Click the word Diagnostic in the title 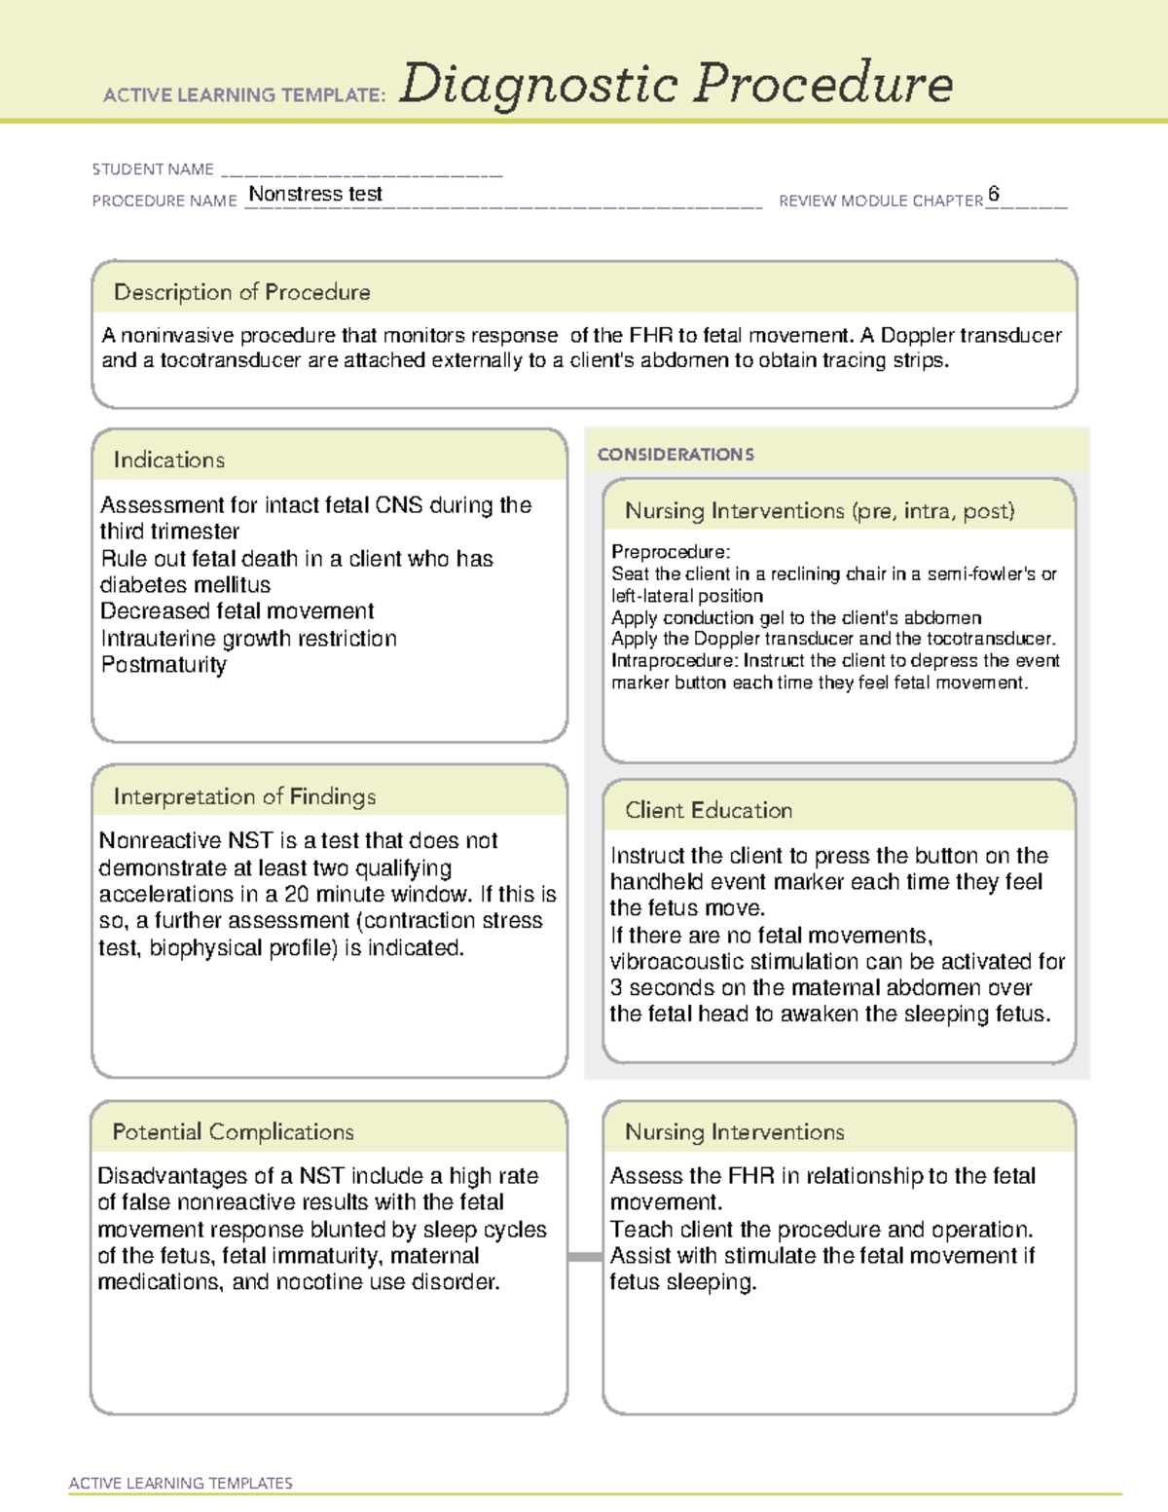[538, 85]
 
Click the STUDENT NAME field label [153, 169]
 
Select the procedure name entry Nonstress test [315, 194]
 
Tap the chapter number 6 [993, 194]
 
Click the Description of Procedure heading [241, 292]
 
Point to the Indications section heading [168, 460]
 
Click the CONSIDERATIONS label [675, 455]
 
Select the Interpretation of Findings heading [244, 796]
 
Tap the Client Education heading [709, 810]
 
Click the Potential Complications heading [233, 1131]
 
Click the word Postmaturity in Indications [164, 665]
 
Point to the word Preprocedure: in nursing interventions [671, 552]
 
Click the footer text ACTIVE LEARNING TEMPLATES [180, 1483]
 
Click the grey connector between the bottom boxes [584, 1257]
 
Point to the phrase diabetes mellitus [185, 585]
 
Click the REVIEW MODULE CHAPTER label [880, 201]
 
